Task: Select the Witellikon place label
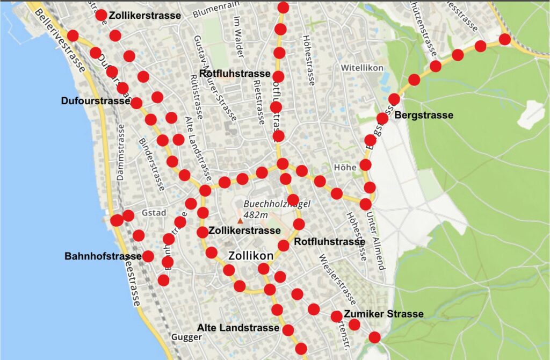[x=362, y=68]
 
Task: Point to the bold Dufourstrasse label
[x=96, y=100]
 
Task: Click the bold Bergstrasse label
[x=424, y=115]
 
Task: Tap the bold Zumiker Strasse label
[x=383, y=314]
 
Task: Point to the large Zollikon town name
[x=251, y=256]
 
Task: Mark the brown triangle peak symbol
[x=240, y=220]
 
